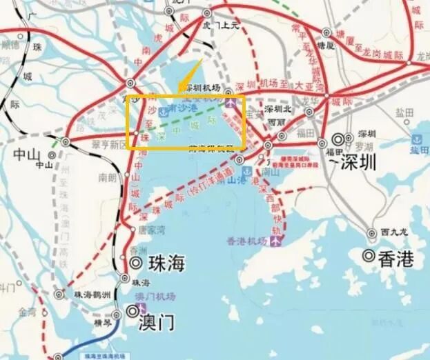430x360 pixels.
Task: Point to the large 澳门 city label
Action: coord(155,322)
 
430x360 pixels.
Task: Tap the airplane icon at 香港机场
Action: coord(278,241)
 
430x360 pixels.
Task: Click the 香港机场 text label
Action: coord(246,241)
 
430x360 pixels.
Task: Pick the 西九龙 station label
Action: coord(394,232)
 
